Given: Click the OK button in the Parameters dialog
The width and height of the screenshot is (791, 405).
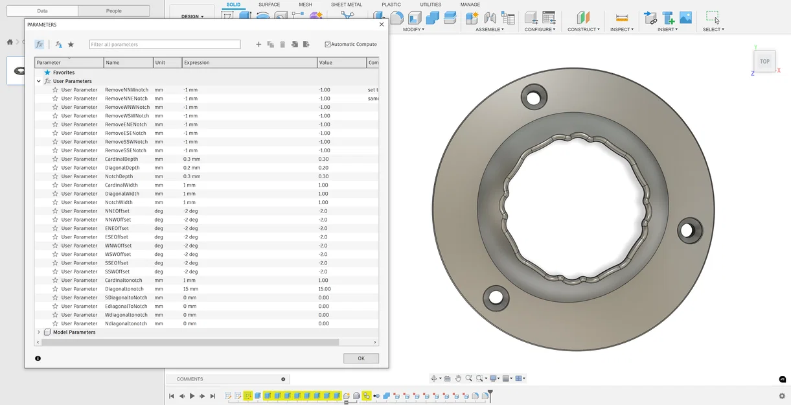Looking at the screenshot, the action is point(361,358).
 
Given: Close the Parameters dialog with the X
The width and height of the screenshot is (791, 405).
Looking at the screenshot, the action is point(382,25).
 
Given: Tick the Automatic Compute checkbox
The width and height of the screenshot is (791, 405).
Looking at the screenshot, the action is point(327,44).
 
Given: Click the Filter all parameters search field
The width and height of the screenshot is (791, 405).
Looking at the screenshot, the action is point(165,44).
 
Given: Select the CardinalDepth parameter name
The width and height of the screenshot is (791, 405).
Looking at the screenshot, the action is point(122,159).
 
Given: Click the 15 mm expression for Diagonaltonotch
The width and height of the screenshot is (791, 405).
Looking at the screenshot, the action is point(190,289).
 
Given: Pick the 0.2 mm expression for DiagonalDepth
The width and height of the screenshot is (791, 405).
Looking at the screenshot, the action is point(192,168).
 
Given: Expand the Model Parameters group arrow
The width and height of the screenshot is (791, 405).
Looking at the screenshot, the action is point(38,332).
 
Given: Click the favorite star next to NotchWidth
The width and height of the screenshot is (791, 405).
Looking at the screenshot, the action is point(55,202).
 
